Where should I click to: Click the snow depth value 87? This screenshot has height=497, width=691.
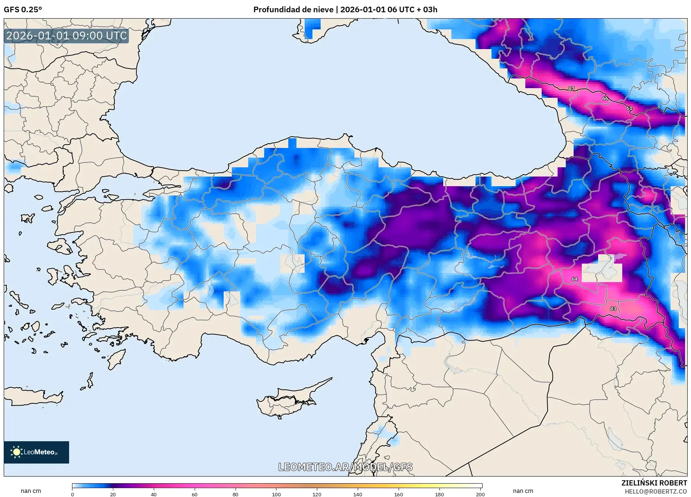[x=571, y=89]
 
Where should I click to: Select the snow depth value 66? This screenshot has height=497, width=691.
[x=605, y=99]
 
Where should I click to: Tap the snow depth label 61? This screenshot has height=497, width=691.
[x=629, y=108]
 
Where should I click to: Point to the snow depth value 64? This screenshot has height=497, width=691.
[x=574, y=279]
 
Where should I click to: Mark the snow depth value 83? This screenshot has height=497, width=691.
[x=613, y=309]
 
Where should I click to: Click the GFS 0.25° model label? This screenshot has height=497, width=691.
[x=23, y=10]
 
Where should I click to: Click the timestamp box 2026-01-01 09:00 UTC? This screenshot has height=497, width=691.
[x=66, y=36]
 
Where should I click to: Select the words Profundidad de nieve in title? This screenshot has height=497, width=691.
[x=293, y=10]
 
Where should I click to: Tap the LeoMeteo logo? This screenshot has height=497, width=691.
[x=36, y=452]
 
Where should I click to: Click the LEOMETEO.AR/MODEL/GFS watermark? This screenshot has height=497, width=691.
[x=345, y=467]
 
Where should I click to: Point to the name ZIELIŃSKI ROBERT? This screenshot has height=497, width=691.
[x=654, y=483]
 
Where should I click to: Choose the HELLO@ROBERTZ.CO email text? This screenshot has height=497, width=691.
[x=655, y=491]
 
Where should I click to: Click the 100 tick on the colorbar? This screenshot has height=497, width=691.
[x=276, y=494]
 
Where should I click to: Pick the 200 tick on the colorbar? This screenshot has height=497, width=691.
[x=480, y=494]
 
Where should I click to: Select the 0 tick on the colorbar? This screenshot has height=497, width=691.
[x=72, y=494]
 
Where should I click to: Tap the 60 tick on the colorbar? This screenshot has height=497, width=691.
[x=194, y=494]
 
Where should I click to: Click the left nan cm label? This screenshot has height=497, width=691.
[x=31, y=491]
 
